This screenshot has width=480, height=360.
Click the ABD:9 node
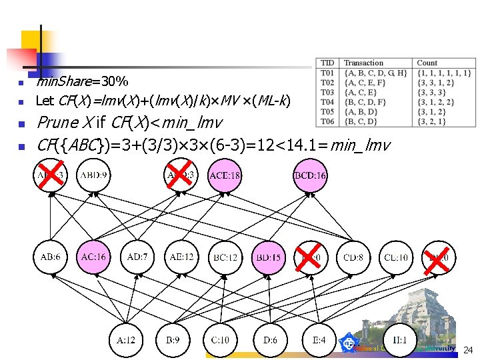95,176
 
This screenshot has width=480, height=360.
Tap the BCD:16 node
309,176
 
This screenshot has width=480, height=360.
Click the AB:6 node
51,257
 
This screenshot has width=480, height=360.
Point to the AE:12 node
181,257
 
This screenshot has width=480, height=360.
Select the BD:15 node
268,257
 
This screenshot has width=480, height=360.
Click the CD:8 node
355,257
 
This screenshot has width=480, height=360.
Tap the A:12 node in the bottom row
126,340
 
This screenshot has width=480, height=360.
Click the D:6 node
270,340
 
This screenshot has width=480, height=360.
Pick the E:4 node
319,340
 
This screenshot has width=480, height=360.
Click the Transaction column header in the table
363,63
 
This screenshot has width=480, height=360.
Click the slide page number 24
467,350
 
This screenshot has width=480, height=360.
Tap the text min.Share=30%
81,82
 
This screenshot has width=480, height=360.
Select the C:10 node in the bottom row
219,340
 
